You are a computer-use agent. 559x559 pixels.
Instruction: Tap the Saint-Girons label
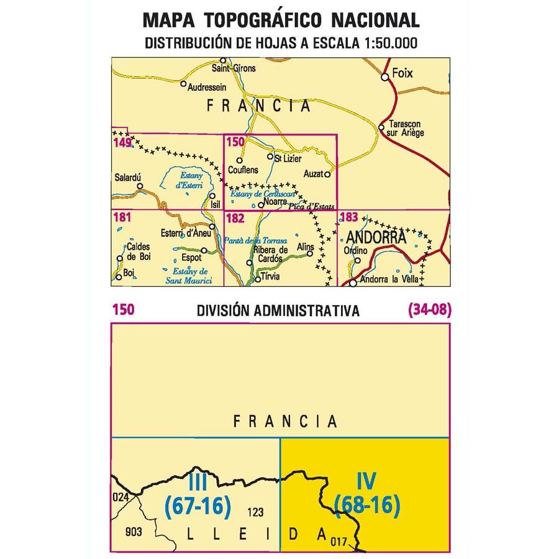[234, 68]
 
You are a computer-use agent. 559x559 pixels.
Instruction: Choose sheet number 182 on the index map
[235, 218]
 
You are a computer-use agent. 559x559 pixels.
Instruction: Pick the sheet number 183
[350, 217]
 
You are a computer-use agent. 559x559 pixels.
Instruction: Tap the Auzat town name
[314, 174]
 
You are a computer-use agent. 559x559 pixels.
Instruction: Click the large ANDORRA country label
[376, 237]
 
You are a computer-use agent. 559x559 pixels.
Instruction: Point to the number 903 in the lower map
[134, 532]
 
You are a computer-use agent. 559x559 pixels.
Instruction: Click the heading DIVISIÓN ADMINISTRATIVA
[278, 311]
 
